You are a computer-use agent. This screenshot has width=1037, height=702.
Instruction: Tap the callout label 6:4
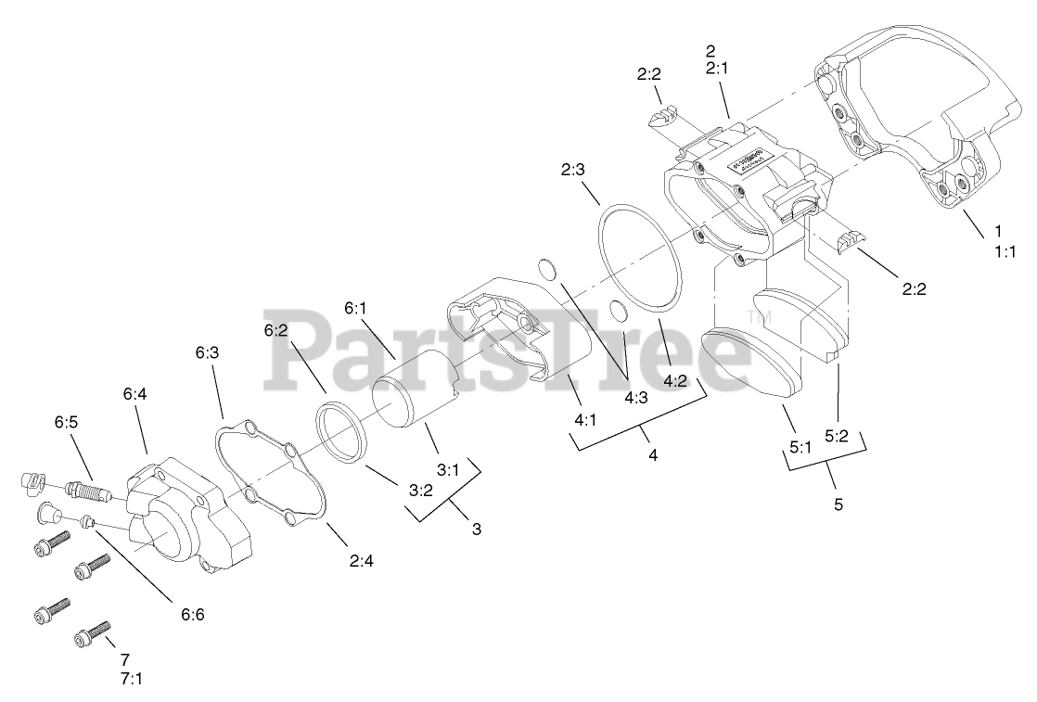135,394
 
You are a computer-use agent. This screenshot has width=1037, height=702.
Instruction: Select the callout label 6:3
207,352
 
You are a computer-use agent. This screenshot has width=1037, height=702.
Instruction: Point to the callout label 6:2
275,330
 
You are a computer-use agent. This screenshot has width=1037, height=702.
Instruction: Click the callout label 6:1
356,308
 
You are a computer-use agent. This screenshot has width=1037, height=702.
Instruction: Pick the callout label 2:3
572,170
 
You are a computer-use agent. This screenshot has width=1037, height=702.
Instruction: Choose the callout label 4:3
635,396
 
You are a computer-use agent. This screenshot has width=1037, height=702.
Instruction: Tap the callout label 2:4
361,561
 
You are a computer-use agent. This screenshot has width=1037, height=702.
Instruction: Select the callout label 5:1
800,446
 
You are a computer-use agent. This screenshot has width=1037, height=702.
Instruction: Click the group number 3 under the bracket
477,530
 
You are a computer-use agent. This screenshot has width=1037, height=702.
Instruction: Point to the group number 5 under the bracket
838,505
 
